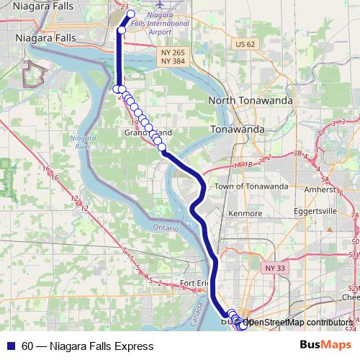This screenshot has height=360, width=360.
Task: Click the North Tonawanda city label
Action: [x=251, y=101]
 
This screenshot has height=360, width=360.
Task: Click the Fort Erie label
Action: [x=197, y=283]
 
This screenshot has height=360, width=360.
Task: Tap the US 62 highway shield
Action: [x=245, y=44]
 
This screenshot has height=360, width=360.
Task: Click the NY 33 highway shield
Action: [x=275, y=268]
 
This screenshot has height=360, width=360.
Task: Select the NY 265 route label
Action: [x=173, y=53]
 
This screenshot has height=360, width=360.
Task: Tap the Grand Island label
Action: [x=148, y=133]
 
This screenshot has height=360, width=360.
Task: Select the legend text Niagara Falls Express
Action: [x=102, y=346]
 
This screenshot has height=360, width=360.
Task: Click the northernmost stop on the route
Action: [x=131, y=14]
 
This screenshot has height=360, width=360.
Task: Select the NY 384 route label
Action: [x=173, y=62]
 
